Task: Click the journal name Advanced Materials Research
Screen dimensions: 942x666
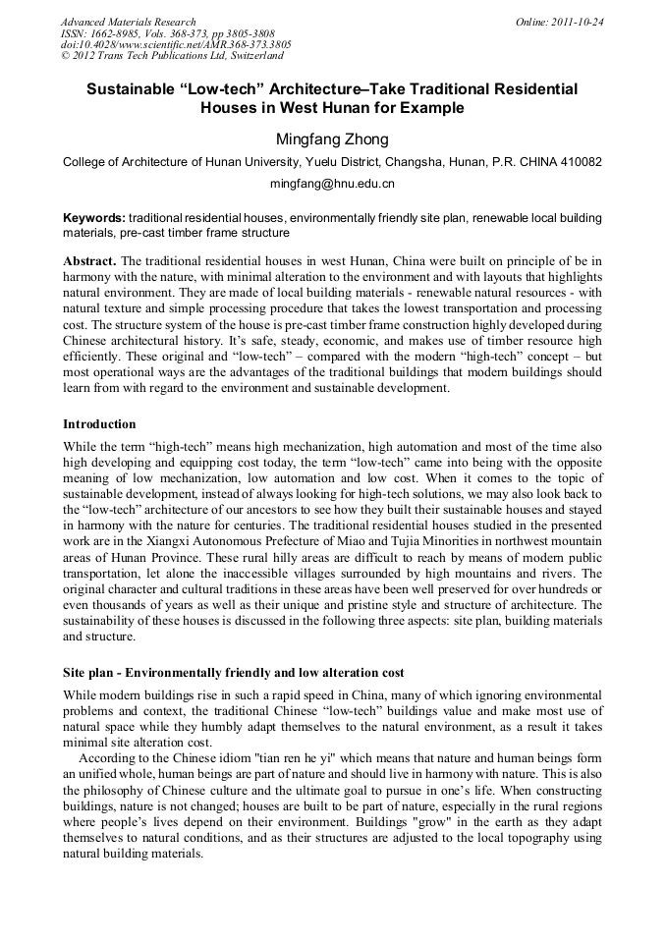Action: (128, 22)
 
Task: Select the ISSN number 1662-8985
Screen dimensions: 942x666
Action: (117, 33)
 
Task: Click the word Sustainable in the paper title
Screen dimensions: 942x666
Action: (137, 89)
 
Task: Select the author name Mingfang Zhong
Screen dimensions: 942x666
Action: (332, 139)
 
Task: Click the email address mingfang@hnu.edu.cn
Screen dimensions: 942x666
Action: (332, 184)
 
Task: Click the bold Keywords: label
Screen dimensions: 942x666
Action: (94, 217)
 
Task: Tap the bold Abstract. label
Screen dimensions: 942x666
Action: (89, 261)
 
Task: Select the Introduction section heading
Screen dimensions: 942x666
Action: (99, 424)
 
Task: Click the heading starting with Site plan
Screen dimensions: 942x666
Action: (233, 673)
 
